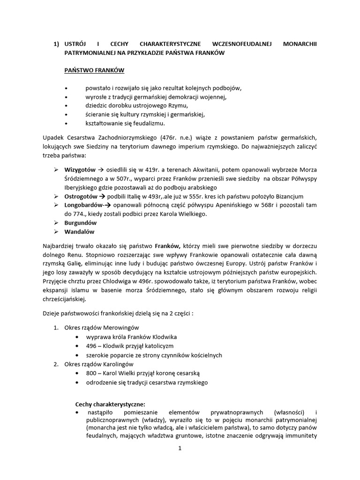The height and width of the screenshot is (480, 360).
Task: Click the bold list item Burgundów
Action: (x=81, y=223)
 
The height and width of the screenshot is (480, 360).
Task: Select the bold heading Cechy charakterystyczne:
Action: (x=110, y=404)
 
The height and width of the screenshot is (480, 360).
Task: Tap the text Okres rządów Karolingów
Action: (x=99, y=364)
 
